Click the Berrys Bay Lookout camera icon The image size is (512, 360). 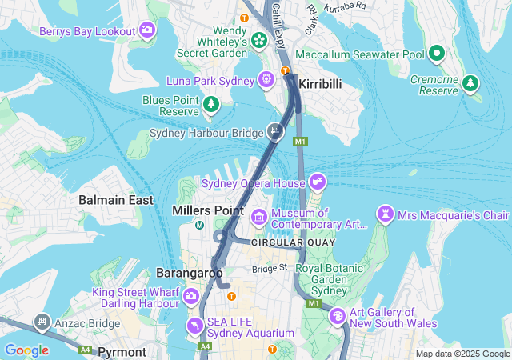[147, 30]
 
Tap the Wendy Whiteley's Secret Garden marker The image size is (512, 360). [259, 40]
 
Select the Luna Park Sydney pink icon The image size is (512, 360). [266, 80]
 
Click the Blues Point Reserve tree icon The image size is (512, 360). [211, 104]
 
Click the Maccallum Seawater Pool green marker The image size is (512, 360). [437, 54]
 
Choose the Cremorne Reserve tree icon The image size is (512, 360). [471, 82]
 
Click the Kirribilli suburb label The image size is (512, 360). [322, 84]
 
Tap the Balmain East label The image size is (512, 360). [116, 200]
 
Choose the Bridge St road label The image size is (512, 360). [270, 269]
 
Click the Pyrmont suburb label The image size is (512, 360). [122, 352]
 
